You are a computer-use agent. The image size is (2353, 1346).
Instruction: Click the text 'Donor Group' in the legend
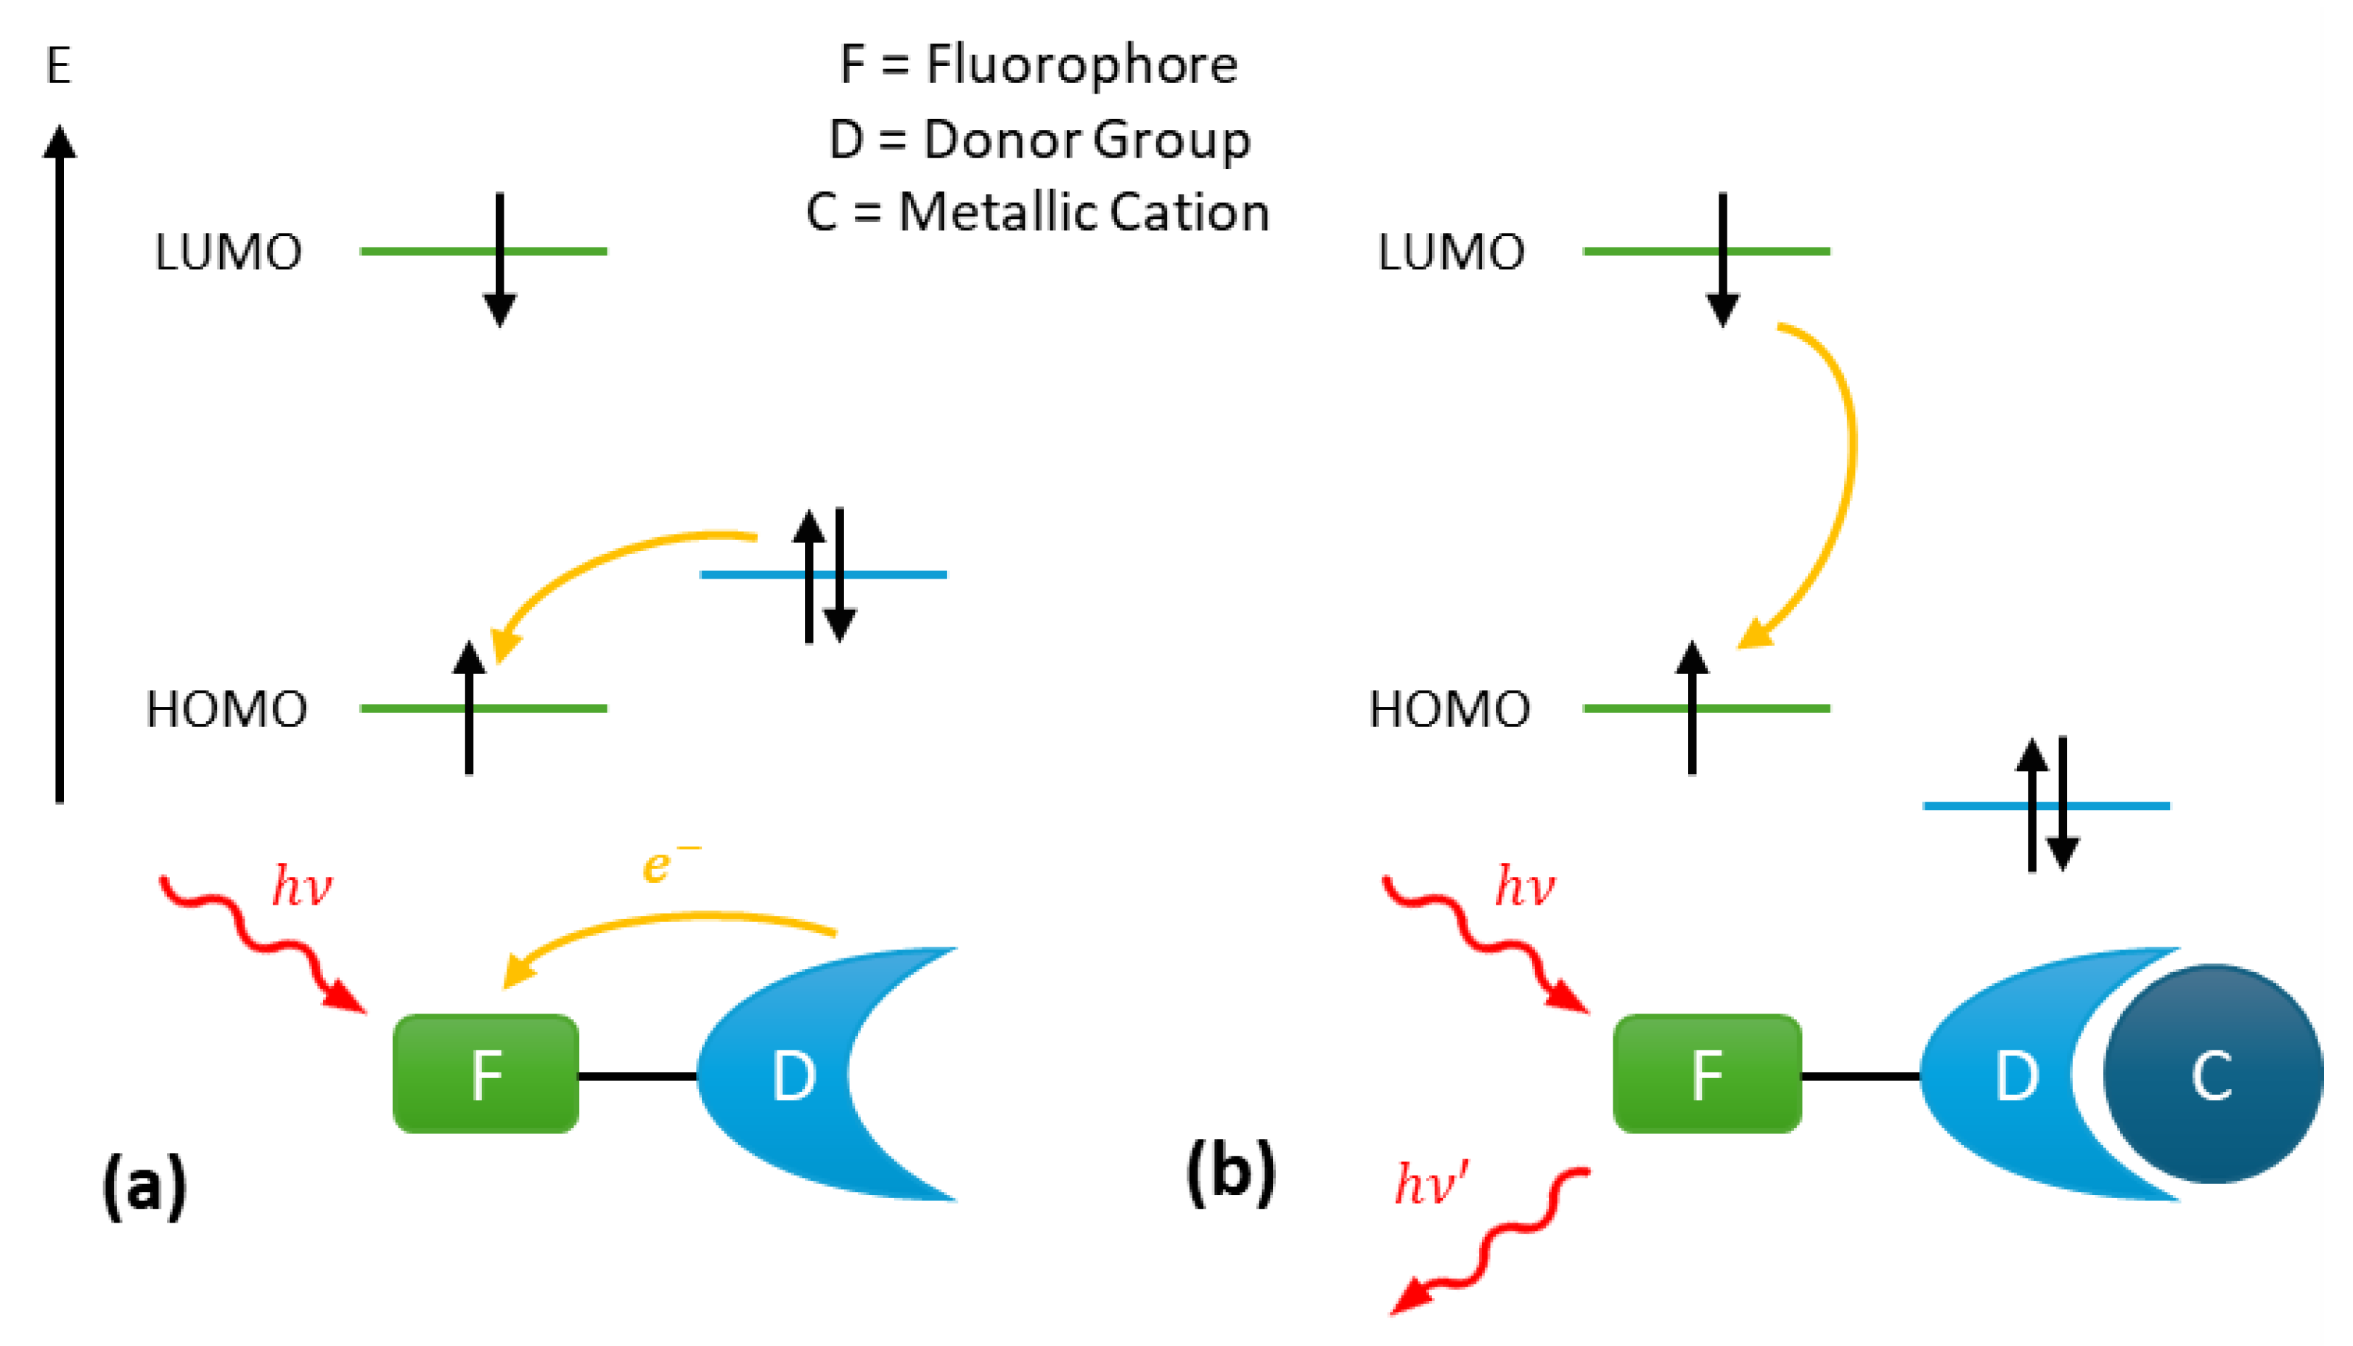coord(1087,142)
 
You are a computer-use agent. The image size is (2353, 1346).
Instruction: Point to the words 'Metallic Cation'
coord(1084,213)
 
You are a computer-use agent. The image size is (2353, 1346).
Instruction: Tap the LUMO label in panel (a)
coord(229,253)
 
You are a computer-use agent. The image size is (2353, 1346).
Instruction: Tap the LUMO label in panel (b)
coord(1451,253)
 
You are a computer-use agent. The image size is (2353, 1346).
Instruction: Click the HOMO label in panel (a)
coord(226,710)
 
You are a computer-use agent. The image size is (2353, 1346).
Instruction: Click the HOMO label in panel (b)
coord(1449,710)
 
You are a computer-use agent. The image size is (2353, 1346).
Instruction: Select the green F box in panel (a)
coord(486,1073)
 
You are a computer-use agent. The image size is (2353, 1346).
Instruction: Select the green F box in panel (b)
coord(1707,1073)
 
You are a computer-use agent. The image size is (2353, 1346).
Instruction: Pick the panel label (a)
coord(144,1187)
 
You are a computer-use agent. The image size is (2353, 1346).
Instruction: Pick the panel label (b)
coord(1231,1172)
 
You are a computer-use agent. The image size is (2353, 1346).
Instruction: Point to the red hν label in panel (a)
coord(302,886)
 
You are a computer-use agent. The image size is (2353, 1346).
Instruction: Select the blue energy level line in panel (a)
coord(824,575)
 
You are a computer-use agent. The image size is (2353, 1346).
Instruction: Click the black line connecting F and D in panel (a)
coord(638,1076)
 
